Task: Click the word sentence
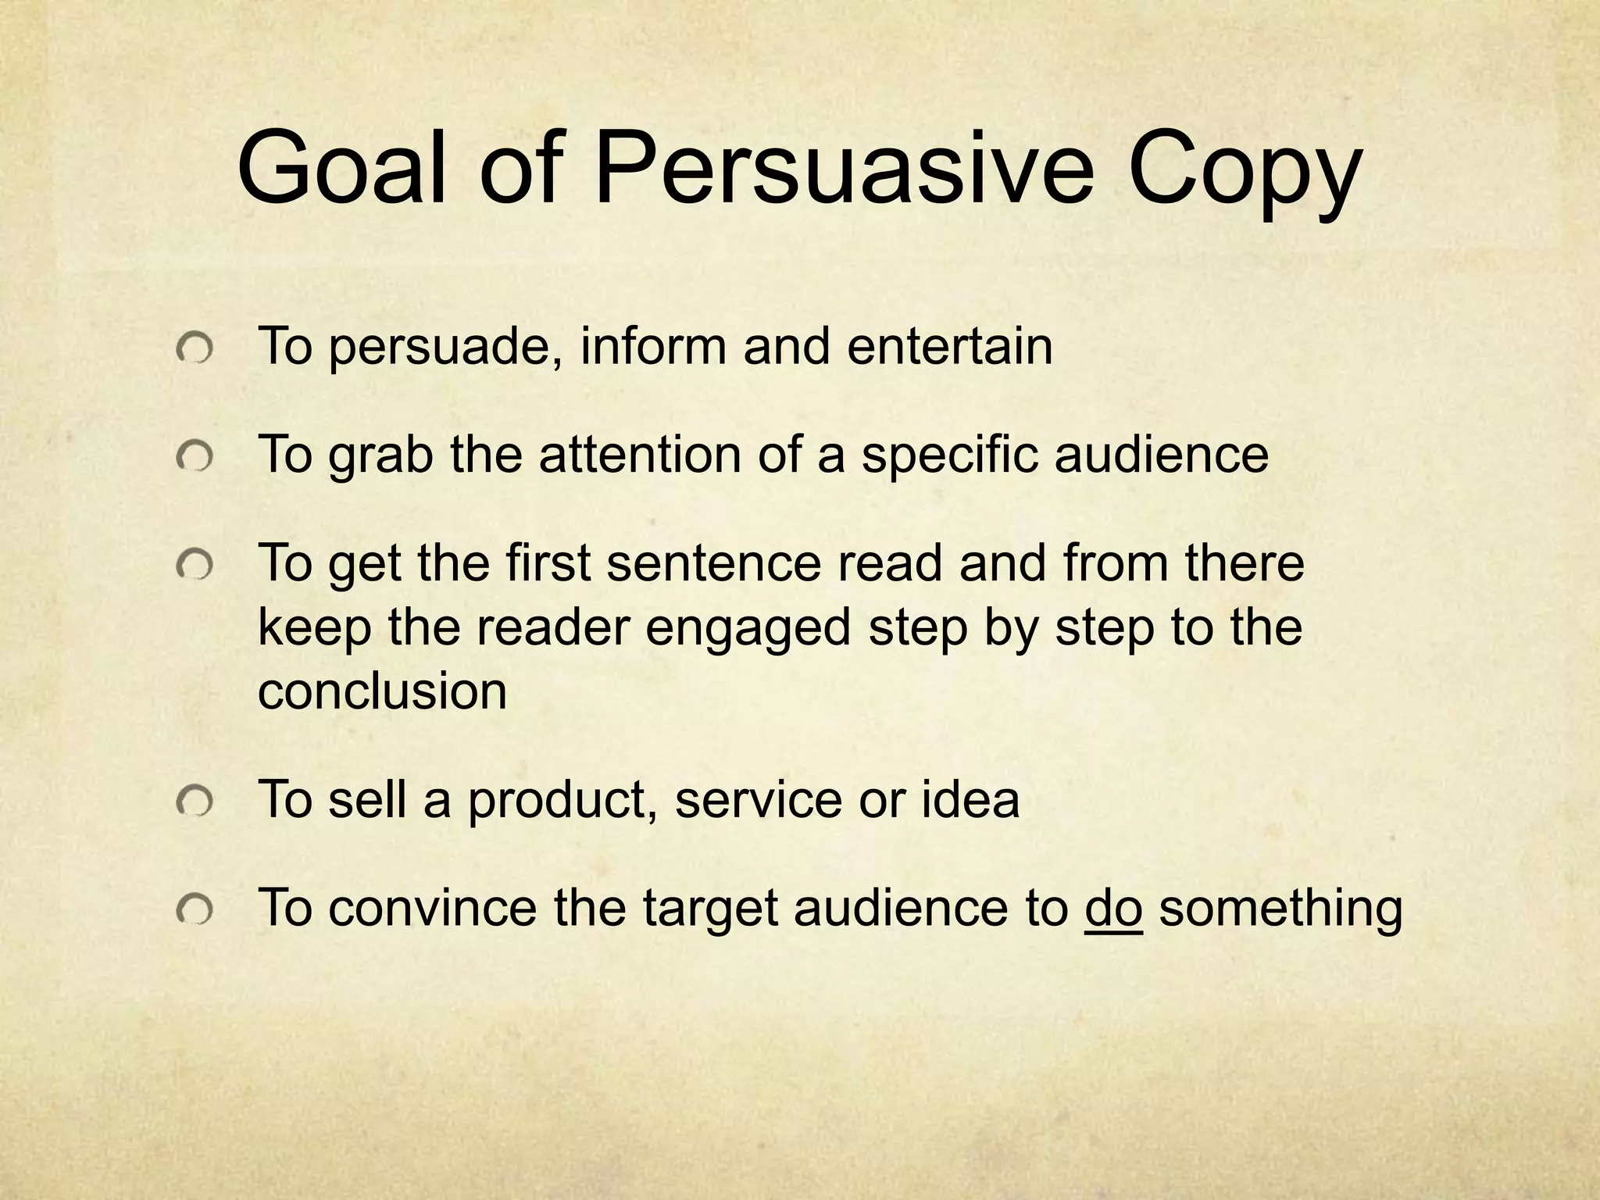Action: click(713, 562)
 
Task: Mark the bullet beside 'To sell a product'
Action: click(194, 802)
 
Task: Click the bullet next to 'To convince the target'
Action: click(194, 909)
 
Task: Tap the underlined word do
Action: click(1113, 908)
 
